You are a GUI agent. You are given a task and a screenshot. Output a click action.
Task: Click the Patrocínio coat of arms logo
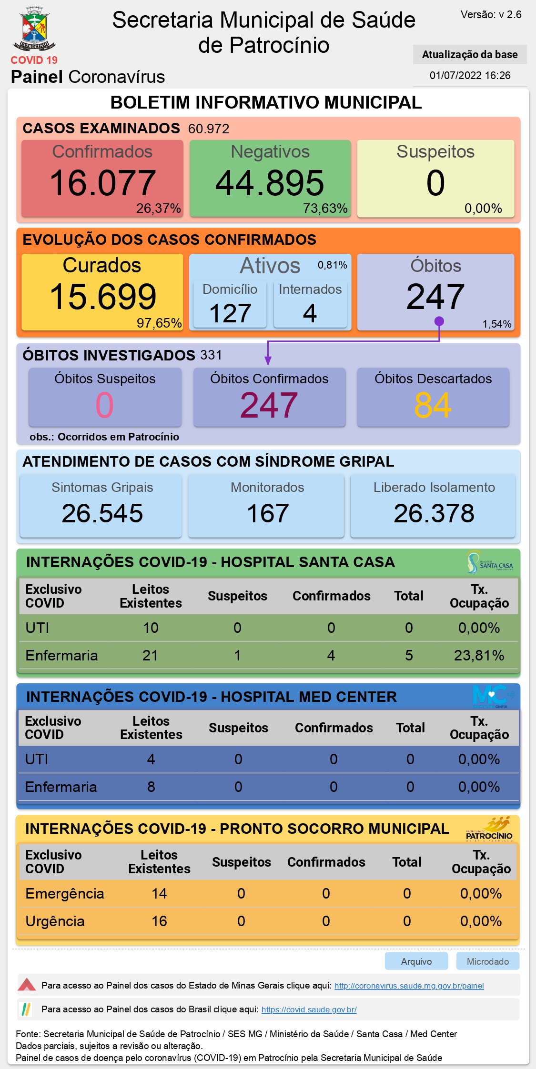(x=34, y=28)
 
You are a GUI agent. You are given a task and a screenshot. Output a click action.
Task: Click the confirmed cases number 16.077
(x=102, y=183)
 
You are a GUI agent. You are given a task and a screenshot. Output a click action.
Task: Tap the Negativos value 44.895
(x=270, y=183)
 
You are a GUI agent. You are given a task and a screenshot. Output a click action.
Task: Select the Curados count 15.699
(x=102, y=297)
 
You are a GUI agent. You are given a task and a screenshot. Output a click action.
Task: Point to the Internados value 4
(x=310, y=313)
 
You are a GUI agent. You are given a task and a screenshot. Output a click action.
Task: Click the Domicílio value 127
(x=230, y=313)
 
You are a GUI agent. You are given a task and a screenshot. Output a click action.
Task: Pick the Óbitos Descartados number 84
(x=433, y=405)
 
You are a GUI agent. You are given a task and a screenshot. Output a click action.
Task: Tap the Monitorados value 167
(x=268, y=513)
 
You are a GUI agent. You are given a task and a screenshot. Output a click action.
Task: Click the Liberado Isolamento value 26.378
(x=434, y=513)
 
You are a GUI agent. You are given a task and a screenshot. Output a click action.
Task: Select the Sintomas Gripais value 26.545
(x=102, y=513)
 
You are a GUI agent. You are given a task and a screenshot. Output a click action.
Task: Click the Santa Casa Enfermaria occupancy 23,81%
(x=479, y=656)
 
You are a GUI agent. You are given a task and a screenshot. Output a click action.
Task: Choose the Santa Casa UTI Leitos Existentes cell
(x=151, y=628)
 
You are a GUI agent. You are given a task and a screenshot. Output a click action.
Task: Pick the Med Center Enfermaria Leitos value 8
(x=151, y=787)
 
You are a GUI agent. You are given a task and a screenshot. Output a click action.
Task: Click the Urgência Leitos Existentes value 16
(x=159, y=921)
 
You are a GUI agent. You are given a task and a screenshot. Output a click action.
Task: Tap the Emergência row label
(x=65, y=894)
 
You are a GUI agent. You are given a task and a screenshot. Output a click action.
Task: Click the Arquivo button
(x=416, y=961)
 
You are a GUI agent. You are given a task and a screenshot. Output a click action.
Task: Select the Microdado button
(x=488, y=961)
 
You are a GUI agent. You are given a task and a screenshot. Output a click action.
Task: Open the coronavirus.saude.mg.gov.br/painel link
(x=409, y=986)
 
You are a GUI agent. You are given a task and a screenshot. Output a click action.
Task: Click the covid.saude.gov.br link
(x=309, y=1009)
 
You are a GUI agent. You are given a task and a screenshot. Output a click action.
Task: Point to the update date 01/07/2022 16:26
(x=470, y=75)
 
